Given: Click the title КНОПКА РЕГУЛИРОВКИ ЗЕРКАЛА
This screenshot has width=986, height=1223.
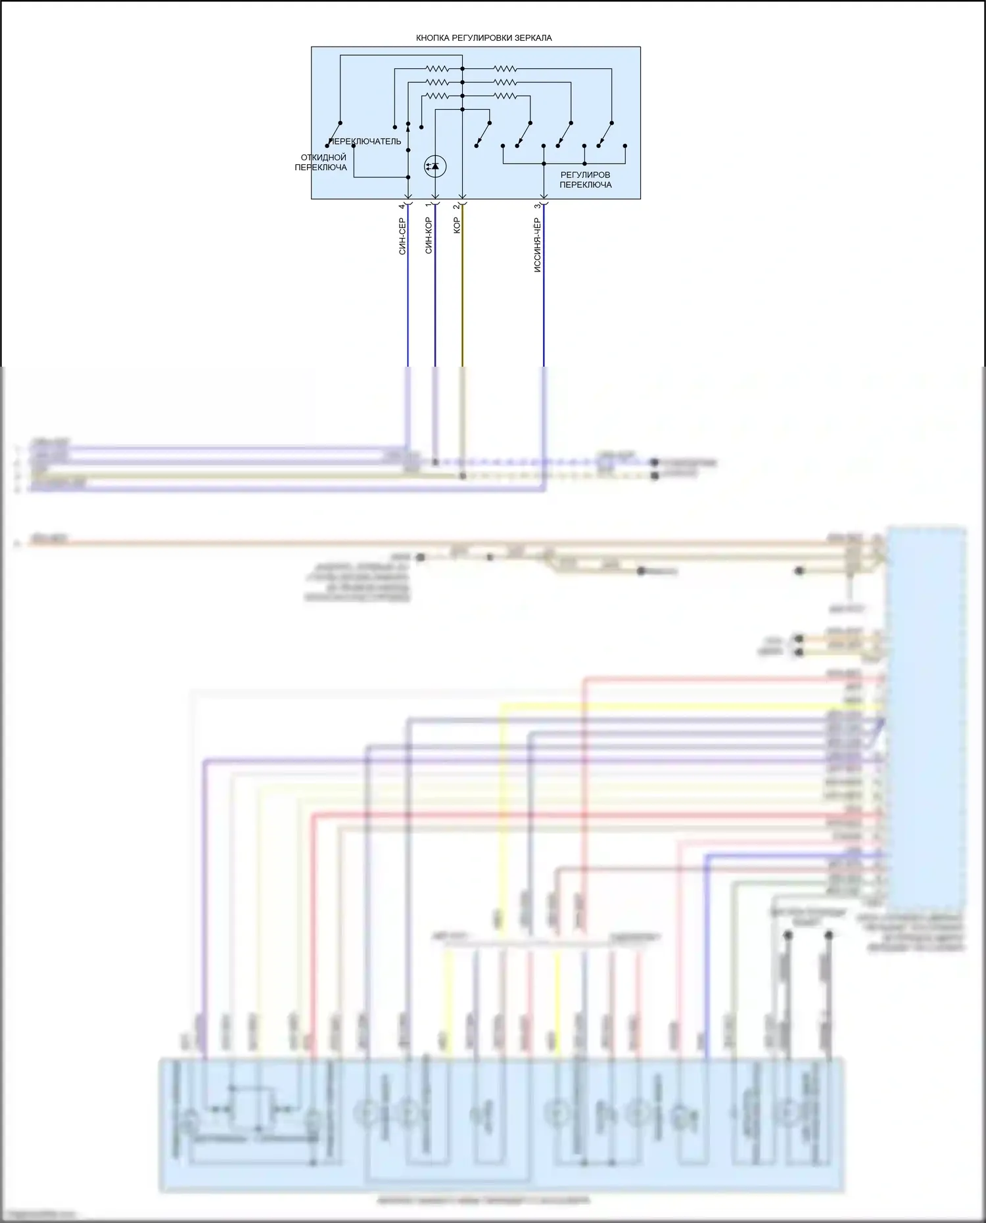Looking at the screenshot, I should pyautogui.click(x=484, y=38).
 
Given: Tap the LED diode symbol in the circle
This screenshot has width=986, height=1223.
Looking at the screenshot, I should pyautogui.click(x=434, y=166).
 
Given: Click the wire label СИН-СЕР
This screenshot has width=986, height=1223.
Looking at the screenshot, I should pyautogui.click(x=402, y=236).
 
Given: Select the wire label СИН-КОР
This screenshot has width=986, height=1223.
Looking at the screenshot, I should pyautogui.click(x=429, y=235).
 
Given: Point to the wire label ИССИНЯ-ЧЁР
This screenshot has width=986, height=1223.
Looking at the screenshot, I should pyautogui.click(x=537, y=245).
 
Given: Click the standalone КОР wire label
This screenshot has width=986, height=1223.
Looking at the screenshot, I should pyautogui.click(x=457, y=225).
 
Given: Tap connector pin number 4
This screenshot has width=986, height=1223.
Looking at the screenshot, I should pyautogui.click(x=402, y=206).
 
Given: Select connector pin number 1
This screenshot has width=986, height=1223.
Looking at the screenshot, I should pyautogui.click(x=429, y=206).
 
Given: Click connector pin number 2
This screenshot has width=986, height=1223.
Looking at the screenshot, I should pyautogui.click(x=456, y=206).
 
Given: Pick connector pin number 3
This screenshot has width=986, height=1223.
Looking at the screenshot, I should pyautogui.click(x=537, y=206).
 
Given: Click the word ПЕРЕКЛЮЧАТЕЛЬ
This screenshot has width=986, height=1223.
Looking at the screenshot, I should pyautogui.click(x=365, y=141).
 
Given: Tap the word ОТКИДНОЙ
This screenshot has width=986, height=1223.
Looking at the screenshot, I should pyautogui.click(x=323, y=158).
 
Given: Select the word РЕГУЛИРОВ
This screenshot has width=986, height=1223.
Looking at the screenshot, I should pyautogui.click(x=585, y=175).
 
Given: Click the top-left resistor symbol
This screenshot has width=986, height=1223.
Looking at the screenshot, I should pyautogui.click(x=437, y=68).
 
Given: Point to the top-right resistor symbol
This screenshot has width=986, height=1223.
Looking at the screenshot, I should pyautogui.click(x=505, y=68).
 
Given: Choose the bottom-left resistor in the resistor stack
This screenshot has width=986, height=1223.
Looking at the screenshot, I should pyautogui.click(x=437, y=96).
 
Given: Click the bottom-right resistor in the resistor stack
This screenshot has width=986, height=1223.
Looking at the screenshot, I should pyautogui.click(x=505, y=96).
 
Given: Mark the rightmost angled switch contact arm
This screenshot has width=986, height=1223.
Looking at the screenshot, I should pyautogui.click(x=605, y=135).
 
